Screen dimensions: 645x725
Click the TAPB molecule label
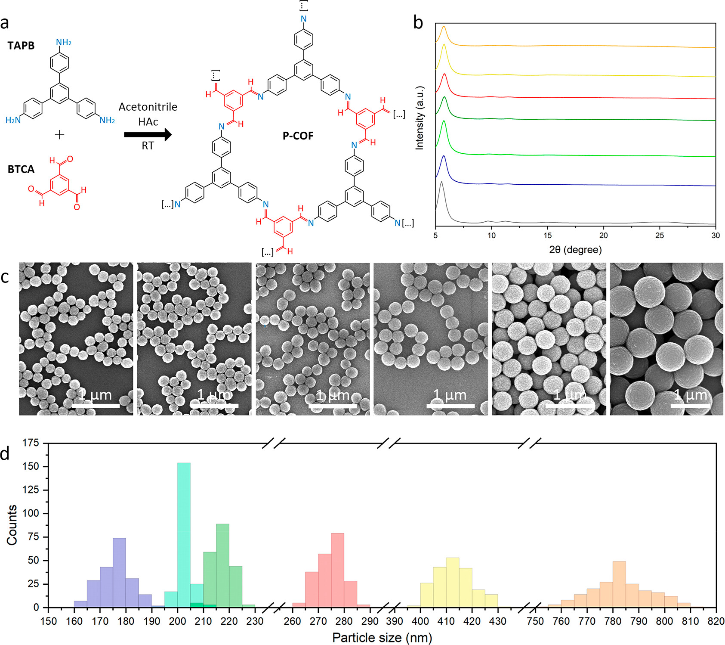21,46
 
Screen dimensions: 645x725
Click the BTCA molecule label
21,169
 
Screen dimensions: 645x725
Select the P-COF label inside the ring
298,136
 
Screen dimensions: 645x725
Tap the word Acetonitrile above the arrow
148,107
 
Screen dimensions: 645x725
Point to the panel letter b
418,22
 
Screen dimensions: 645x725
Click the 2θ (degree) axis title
575,250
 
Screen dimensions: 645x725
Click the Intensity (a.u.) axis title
420,118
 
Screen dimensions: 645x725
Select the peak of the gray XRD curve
441,183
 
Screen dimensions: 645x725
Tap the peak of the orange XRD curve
444,27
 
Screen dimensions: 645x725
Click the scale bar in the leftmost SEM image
96,406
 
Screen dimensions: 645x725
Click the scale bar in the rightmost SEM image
690,406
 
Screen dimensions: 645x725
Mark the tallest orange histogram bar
619,584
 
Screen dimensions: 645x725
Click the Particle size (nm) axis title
382,638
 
